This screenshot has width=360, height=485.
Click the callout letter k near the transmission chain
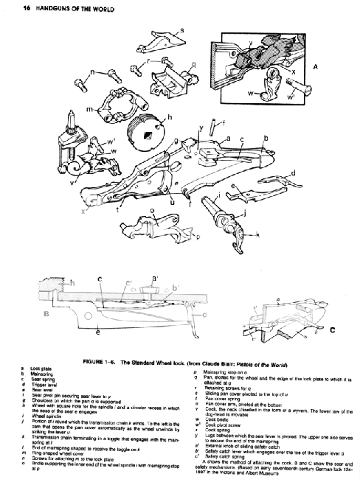coord(257,234)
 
